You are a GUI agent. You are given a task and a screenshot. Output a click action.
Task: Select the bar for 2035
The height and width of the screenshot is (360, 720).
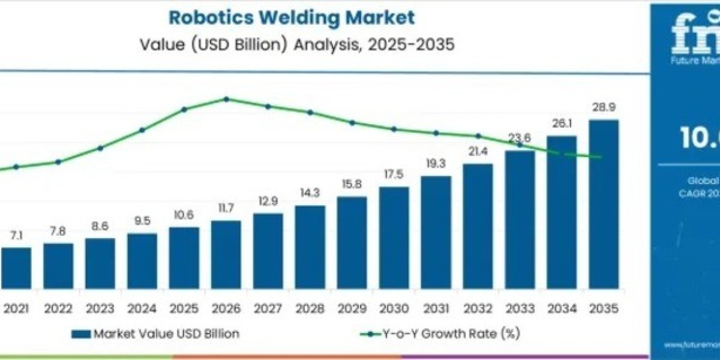click(603, 204)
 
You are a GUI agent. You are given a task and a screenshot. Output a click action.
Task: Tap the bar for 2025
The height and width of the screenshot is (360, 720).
click(184, 257)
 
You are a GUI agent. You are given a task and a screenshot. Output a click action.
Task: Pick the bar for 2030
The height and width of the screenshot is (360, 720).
click(394, 237)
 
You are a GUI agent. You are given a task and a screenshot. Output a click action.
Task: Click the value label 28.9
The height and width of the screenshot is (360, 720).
click(603, 107)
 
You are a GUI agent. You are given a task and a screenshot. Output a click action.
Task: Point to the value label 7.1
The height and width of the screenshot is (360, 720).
click(16, 235)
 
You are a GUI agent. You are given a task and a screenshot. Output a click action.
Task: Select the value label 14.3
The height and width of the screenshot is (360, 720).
click(310, 193)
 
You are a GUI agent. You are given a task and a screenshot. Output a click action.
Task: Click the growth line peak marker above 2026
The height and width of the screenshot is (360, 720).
click(226, 99)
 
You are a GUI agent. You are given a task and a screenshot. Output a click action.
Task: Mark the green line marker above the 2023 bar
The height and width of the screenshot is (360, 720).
click(100, 148)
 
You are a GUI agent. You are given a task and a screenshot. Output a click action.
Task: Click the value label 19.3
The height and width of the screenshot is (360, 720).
click(436, 163)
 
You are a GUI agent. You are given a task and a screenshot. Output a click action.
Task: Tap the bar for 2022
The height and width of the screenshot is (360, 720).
click(58, 265)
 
